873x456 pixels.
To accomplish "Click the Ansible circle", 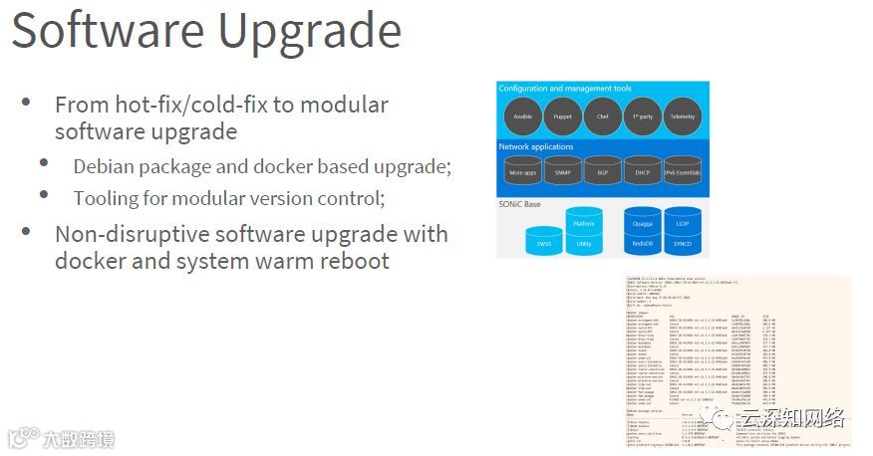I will click(523, 116).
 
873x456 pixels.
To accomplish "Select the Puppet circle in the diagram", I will click(563, 116).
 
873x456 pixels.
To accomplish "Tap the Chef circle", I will click(603, 116).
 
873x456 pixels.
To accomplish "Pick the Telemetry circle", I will click(683, 116).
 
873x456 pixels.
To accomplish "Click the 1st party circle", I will click(643, 116).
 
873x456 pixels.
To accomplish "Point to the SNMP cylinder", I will click(563, 172).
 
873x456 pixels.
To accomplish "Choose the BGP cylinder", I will click(603, 172).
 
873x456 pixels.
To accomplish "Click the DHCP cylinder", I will click(643, 172).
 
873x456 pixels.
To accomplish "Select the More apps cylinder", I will click(523, 172).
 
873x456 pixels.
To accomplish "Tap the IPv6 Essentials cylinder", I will click(683, 172).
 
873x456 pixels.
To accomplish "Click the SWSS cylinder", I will click(544, 242).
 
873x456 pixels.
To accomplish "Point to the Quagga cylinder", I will click(643, 226).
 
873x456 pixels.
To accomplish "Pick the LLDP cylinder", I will click(683, 226).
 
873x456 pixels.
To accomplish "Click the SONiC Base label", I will click(519, 204).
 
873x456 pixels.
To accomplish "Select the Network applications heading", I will click(536, 147).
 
